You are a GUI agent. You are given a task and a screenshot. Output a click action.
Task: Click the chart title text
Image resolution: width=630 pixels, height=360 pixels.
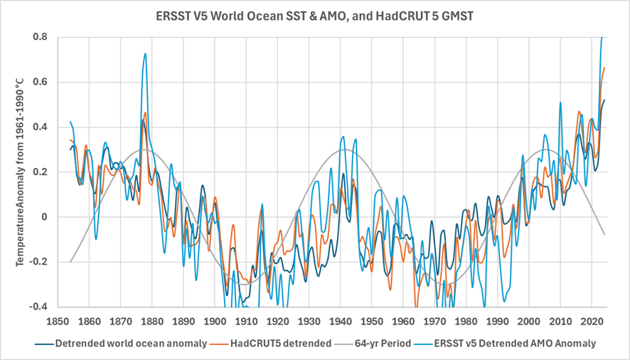(x=314, y=14)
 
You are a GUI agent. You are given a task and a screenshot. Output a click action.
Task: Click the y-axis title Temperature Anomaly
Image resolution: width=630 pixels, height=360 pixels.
(x=22, y=171)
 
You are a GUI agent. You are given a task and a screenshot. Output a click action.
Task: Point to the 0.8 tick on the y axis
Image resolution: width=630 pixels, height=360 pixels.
(x=40, y=37)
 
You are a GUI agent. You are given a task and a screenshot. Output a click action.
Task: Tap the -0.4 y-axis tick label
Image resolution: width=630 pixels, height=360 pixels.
(x=38, y=307)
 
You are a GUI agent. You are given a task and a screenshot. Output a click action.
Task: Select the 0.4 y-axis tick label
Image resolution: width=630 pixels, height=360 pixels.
(x=40, y=127)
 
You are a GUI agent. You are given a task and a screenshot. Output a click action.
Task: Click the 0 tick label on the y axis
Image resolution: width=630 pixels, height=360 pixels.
(x=45, y=217)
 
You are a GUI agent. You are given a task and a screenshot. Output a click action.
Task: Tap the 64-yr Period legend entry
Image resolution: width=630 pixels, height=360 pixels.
(x=383, y=344)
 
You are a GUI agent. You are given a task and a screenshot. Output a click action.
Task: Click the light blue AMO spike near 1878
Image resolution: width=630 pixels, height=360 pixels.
(x=145, y=54)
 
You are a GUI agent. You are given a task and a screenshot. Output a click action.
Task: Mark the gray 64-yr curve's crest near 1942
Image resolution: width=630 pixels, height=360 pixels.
(x=346, y=149)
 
